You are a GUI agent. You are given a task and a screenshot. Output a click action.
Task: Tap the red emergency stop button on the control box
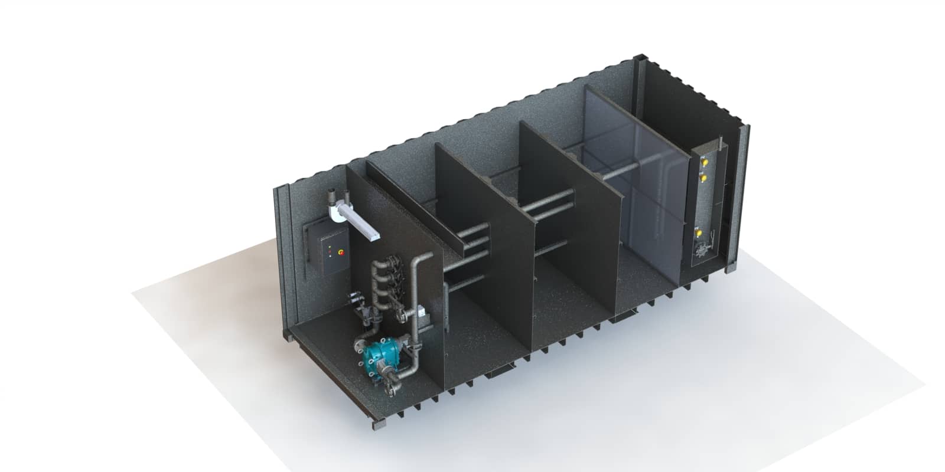[x=341, y=251]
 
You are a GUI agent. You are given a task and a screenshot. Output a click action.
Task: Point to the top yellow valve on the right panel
[x=704, y=159]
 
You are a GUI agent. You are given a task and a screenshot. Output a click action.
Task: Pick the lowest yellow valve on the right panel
[x=701, y=234]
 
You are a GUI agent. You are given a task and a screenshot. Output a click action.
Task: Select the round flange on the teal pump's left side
[x=360, y=345]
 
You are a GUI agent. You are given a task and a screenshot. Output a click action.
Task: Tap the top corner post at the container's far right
[x=639, y=60]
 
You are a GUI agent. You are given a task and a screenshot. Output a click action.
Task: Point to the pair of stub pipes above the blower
[x=335, y=195]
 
